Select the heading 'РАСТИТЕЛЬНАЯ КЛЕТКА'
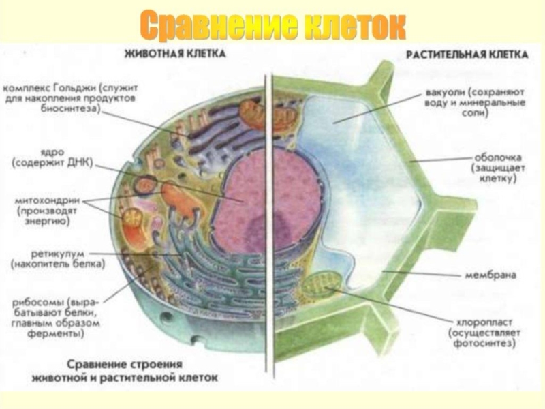[467, 55]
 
